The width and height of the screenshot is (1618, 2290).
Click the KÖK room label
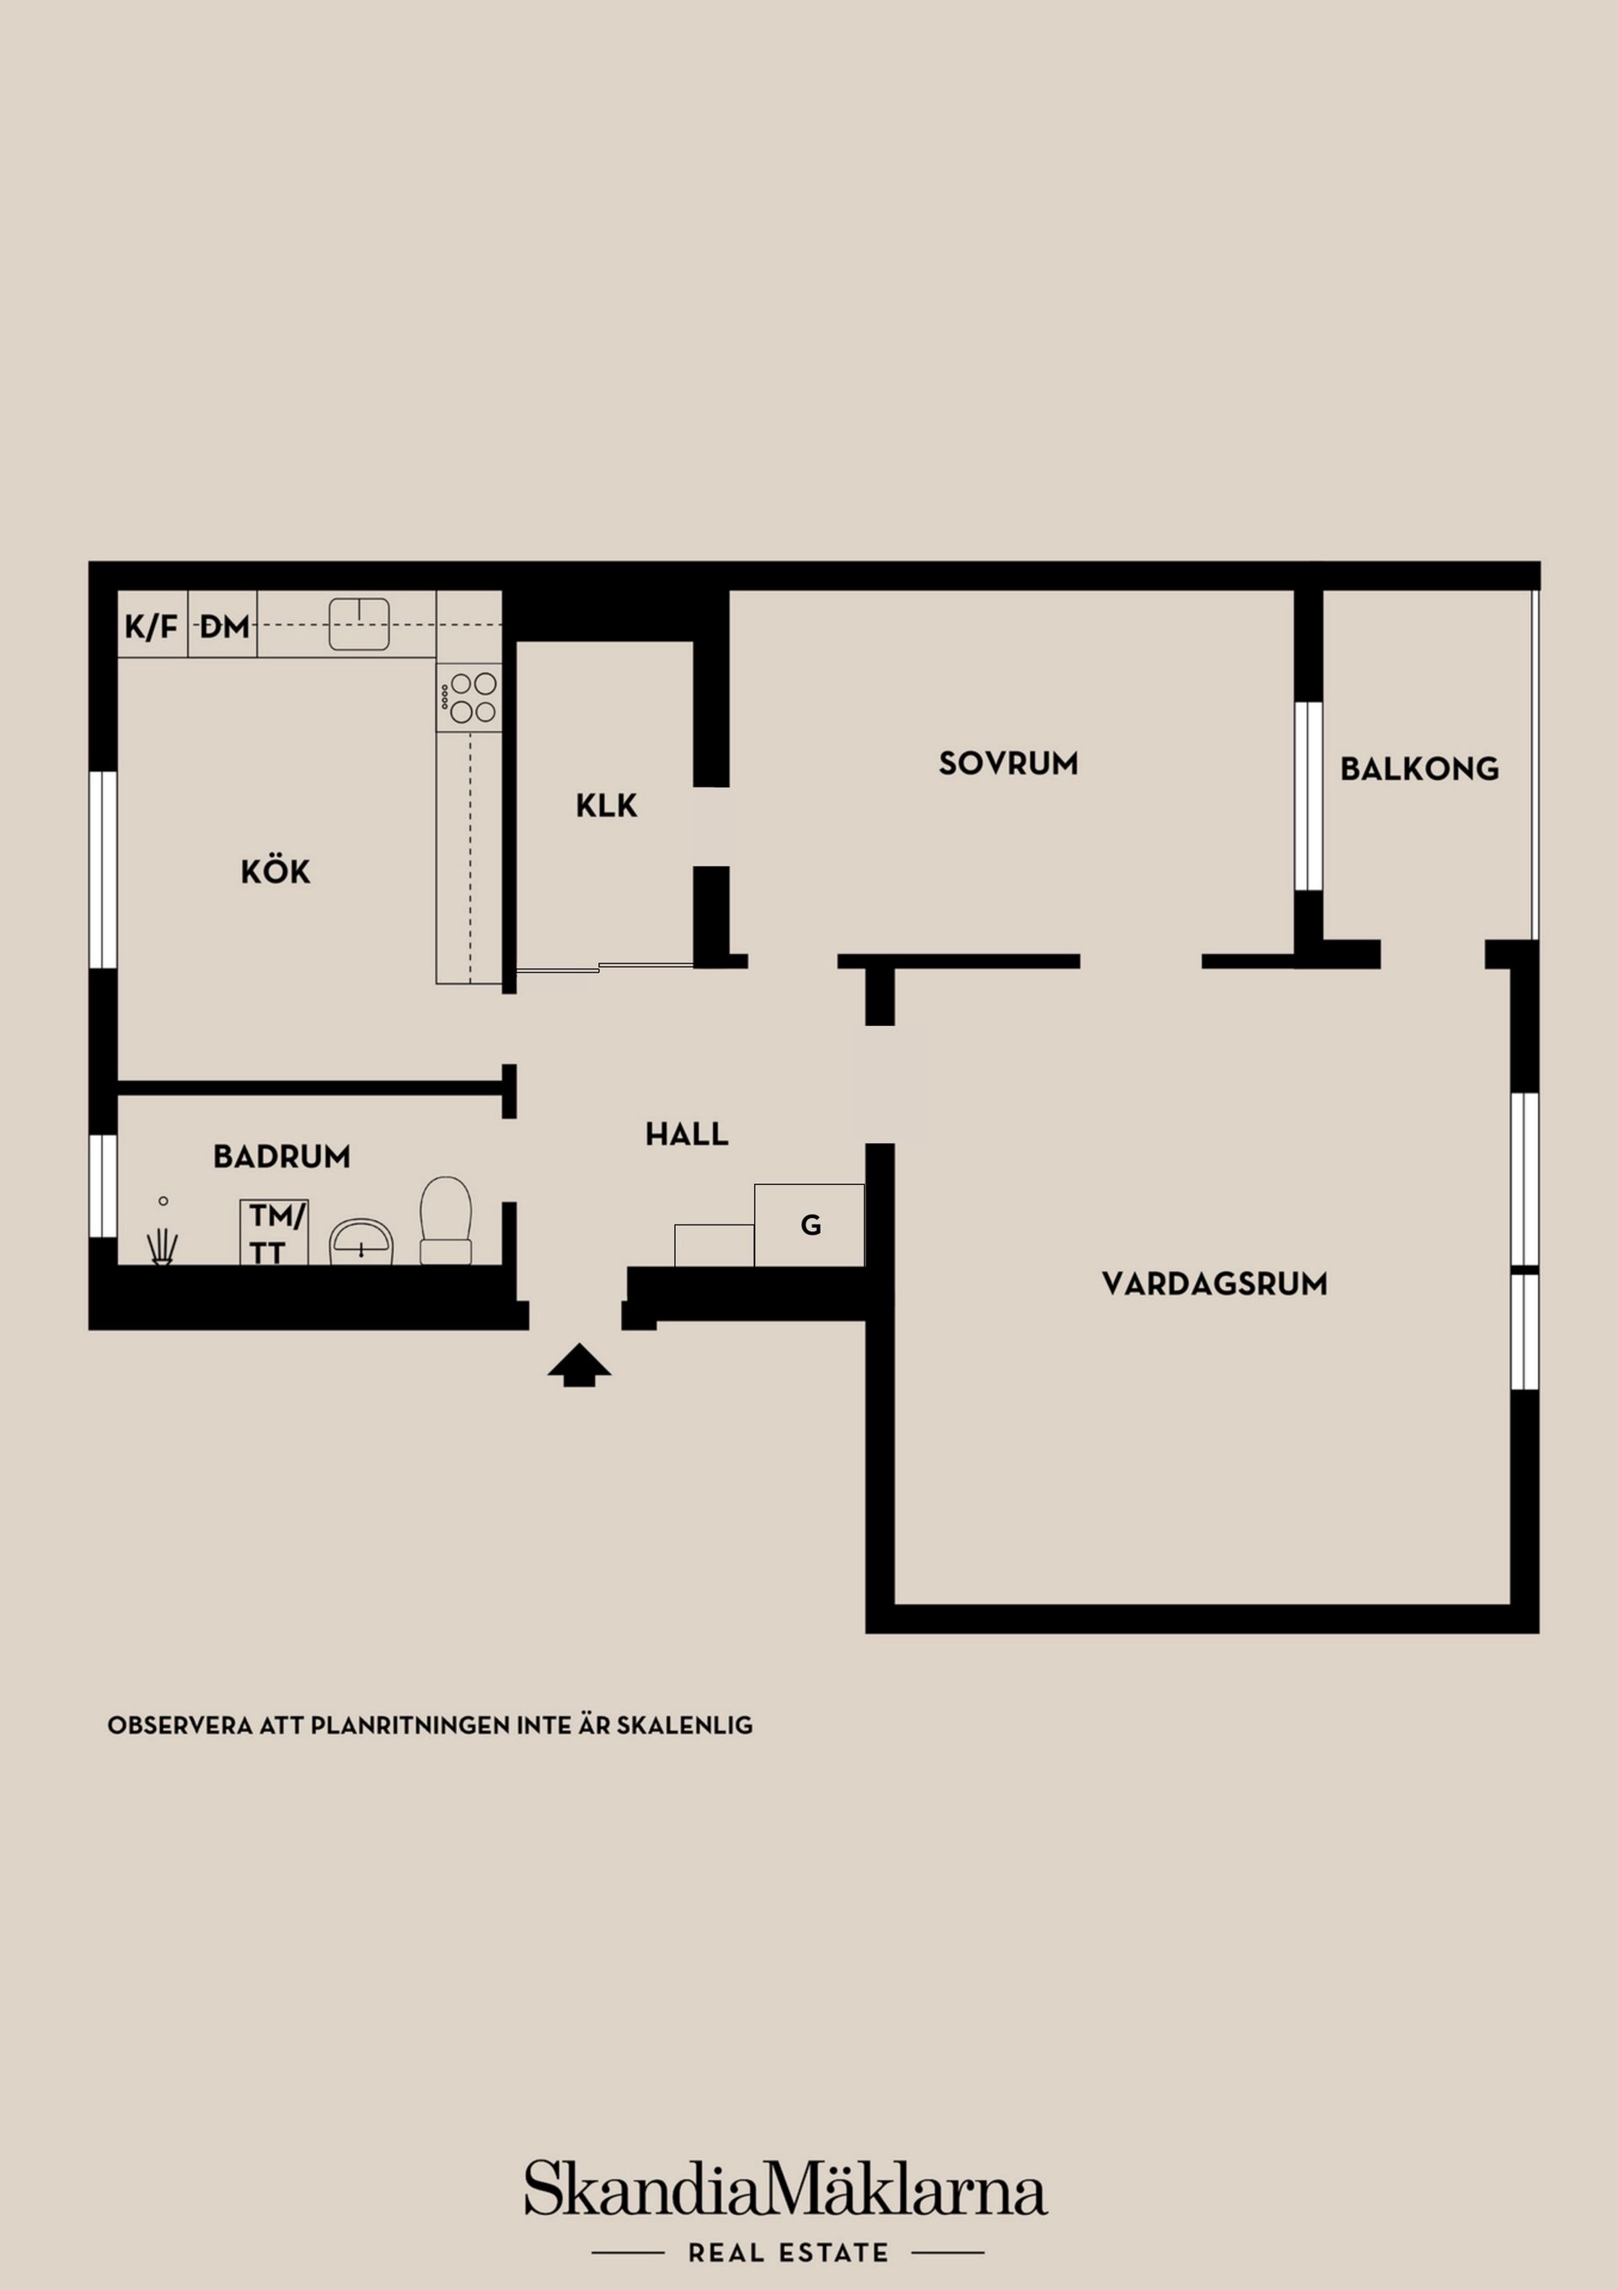point(276,871)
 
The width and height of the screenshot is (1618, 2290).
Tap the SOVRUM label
point(1009,764)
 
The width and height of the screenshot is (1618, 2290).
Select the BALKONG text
point(1419,769)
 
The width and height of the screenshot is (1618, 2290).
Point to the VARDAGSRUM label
point(1215,1284)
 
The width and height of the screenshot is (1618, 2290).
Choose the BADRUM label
point(282,1157)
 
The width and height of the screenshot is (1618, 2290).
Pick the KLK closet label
point(607,806)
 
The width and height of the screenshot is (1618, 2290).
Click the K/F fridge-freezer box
point(153,625)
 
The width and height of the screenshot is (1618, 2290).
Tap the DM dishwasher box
point(223,625)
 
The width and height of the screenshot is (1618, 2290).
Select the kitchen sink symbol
point(359,625)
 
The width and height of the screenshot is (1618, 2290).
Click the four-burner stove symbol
point(469,697)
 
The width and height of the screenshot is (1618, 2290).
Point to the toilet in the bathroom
point(446,1220)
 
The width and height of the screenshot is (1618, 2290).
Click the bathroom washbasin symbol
point(362,1242)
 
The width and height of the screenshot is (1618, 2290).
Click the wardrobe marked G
point(809,1225)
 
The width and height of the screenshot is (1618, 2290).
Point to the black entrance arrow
point(580,1365)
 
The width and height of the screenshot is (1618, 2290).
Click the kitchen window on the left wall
point(103,870)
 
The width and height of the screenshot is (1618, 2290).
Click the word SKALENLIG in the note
point(684,1725)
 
